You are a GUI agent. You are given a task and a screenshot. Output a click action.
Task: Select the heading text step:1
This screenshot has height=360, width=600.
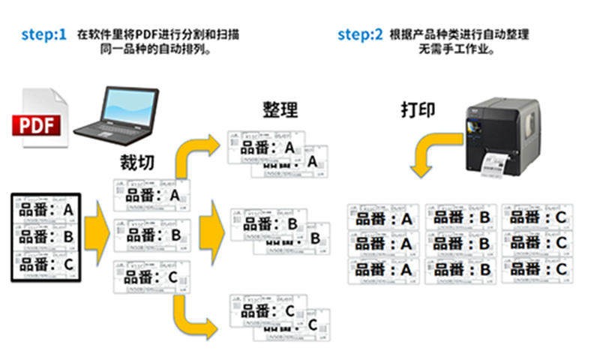(x=43, y=34)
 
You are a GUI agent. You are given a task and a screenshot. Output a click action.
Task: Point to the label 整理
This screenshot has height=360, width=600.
(x=280, y=110)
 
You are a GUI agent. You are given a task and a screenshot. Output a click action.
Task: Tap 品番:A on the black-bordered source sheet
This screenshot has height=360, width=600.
(x=46, y=211)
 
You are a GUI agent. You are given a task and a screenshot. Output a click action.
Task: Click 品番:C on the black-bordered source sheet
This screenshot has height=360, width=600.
(x=46, y=264)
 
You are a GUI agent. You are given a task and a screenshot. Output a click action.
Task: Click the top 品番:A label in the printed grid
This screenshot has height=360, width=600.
(x=384, y=219)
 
